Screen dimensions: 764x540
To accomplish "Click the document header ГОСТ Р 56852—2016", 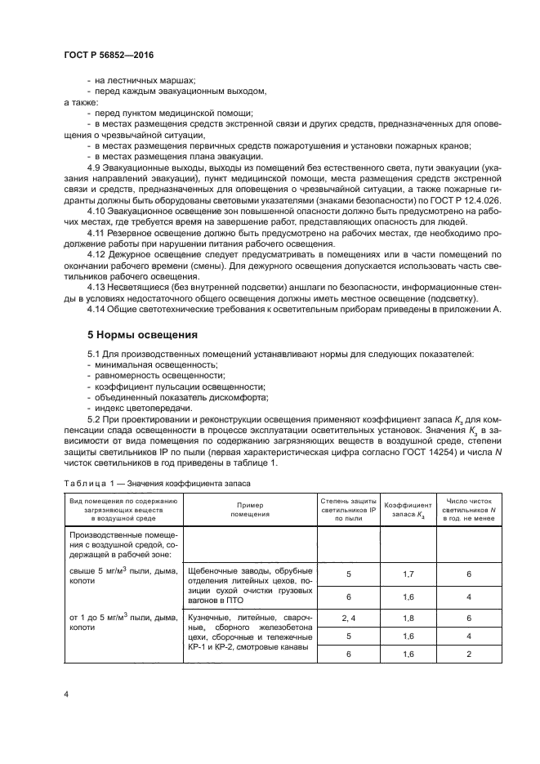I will click(x=108, y=54).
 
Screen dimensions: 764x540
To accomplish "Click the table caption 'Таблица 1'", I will click(x=87, y=483).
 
